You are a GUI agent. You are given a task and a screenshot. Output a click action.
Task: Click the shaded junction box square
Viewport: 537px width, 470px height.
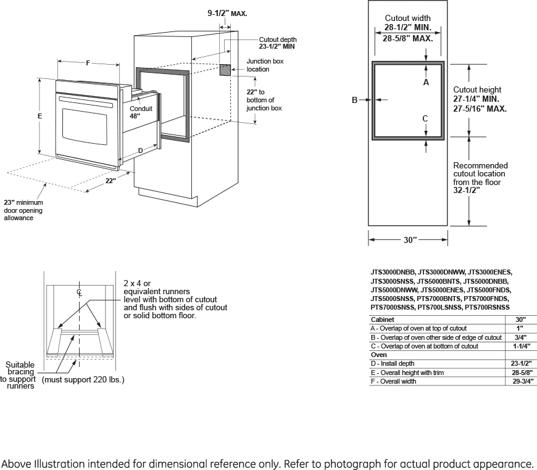tap(225, 70)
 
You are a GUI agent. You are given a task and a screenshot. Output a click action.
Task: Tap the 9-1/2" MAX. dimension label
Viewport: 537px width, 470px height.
tap(227, 14)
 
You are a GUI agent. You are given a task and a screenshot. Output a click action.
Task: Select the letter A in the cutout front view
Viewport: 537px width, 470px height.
tap(426, 82)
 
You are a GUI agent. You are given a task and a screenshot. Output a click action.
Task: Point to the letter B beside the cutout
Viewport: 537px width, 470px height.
tap(354, 100)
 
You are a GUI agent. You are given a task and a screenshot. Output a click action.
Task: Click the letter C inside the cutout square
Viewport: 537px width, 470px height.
tap(425, 118)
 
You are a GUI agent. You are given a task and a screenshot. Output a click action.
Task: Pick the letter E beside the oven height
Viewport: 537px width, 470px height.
tap(40, 116)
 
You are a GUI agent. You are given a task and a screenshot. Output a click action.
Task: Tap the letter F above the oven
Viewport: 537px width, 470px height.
tap(88, 63)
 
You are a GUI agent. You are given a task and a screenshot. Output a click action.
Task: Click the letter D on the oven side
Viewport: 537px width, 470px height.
tap(140, 150)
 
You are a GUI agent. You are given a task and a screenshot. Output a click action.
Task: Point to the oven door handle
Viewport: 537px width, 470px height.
tap(86, 102)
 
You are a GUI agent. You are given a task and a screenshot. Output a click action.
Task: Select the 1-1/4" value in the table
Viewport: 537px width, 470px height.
tap(522, 346)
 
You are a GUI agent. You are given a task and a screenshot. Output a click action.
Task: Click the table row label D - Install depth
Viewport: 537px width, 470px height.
tap(393, 363)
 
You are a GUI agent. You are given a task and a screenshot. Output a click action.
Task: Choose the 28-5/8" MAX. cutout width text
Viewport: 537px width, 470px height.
tap(407, 39)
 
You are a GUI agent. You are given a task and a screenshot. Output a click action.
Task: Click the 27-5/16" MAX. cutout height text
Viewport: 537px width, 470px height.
tap(480, 109)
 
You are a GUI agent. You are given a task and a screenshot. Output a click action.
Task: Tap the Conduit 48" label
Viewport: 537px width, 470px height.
tap(141, 112)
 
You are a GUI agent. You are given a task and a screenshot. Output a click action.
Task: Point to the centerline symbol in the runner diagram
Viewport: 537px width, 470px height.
tap(79, 292)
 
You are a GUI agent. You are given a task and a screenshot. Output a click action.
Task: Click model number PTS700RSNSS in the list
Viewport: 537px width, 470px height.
tap(487, 307)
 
